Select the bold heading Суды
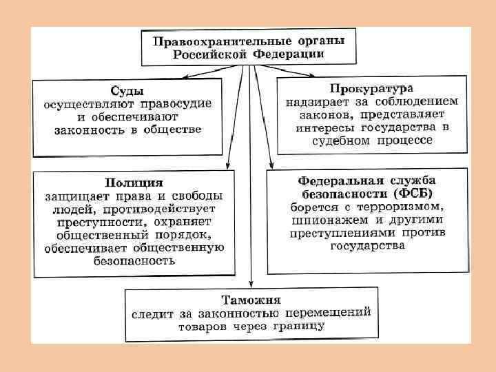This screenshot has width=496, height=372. tap(128, 91)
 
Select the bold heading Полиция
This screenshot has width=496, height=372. tap(134, 183)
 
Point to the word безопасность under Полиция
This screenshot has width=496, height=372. tap(134, 261)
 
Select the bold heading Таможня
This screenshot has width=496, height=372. tap(251, 300)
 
